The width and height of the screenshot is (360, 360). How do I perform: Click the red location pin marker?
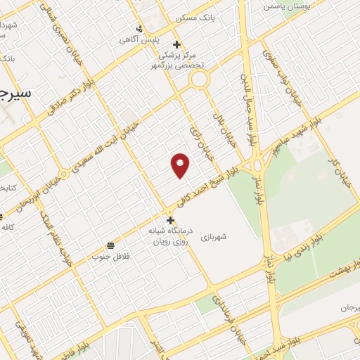click(x=181, y=165)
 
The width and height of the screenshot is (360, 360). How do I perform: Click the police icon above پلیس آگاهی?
click(x=139, y=29)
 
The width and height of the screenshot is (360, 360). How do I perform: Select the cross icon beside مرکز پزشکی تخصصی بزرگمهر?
click(x=178, y=44)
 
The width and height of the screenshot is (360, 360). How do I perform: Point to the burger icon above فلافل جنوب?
click(x=111, y=245)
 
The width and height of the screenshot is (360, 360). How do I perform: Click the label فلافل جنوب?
click(x=106, y=256)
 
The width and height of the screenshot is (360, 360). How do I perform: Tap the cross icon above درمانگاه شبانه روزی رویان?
click(x=170, y=219)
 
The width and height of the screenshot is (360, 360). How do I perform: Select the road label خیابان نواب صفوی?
click(x=281, y=77)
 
